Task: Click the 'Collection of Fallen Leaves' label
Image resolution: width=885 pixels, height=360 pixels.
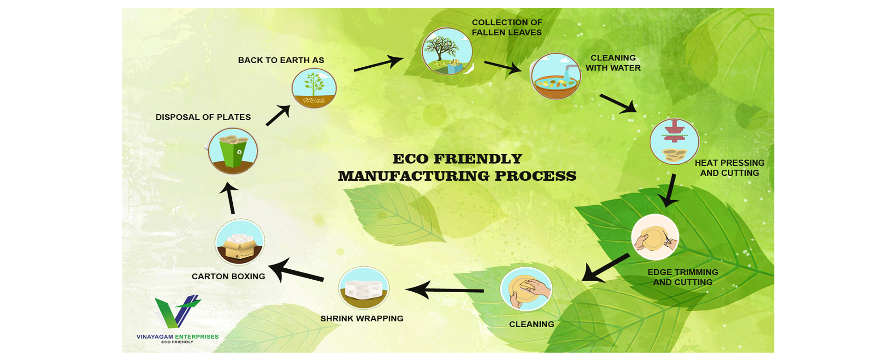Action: click(x=507, y=28)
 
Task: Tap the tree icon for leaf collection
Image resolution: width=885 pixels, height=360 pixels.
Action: click(x=447, y=51)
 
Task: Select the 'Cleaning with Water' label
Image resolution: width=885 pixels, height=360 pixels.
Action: click(x=613, y=63)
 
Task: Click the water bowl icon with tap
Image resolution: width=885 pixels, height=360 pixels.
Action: click(x=556, y=76)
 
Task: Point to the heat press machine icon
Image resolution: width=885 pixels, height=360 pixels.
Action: click(x=674, y=141)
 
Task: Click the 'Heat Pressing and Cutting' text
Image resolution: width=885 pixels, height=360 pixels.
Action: click(x=729, y=168)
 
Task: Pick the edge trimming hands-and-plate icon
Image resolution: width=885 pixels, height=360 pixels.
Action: click(x=655, y=237)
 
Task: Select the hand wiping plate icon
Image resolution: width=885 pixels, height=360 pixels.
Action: click(x=526, y=289)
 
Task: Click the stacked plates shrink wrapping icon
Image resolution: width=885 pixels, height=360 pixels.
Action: click(x=364, y=288)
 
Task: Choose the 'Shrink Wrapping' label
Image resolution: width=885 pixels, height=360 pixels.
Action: click(x=362, y=319)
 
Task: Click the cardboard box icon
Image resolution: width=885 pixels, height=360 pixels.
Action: click(x=240, y=242)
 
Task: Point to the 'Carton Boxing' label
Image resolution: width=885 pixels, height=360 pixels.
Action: click(x=228, y=277)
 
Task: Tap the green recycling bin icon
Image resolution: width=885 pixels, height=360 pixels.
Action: click(x=233, y=151)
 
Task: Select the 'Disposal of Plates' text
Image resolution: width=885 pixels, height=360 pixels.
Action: click(x=203, y=117)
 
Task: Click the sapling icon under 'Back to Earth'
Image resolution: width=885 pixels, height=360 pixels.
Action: click(x=314, y=88)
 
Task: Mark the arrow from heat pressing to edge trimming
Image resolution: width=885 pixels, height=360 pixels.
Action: click(x=670, y=190)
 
